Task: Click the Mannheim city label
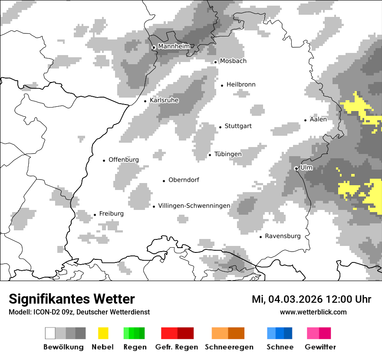coord(174,46)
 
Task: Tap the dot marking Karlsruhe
coord(145,101)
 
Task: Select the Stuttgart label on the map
coord(238,126)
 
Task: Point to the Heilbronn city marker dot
coord(222,85)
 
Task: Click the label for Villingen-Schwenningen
coord(194,206)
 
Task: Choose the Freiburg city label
coord(111,213)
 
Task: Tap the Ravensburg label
coord(283,236)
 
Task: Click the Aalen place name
coord(318,119)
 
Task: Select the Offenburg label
coord(123,160)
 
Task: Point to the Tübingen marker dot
coord(210,155)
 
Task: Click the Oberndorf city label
coord(184,180)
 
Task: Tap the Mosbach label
coord(233,61)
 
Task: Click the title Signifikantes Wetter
coord(72,299)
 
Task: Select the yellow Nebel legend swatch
coord(103,333)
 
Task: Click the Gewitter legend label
coord(320,347)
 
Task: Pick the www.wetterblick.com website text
coord(313,312)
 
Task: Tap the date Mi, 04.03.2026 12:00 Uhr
coord(311,299)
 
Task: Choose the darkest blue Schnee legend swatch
coord(288,333)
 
